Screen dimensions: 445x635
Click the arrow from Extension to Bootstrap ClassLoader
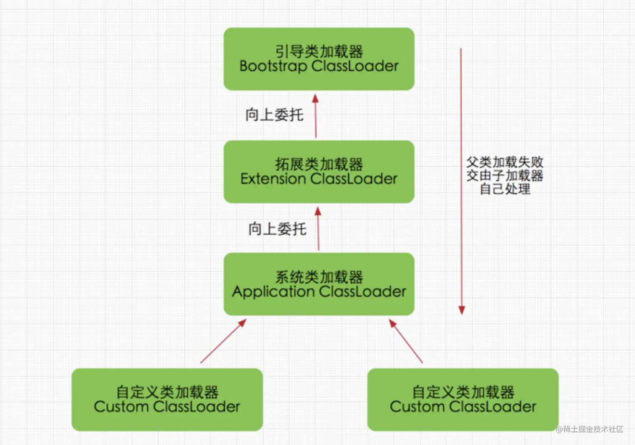315,116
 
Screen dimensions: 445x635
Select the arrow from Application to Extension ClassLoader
318,229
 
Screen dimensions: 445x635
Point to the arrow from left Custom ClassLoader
223,341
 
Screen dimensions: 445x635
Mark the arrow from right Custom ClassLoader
406,341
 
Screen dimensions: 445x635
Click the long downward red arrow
461,181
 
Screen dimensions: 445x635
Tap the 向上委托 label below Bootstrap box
275,114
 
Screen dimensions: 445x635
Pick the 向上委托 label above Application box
277,229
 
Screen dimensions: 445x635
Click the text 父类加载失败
505,162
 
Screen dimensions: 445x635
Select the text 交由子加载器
505,175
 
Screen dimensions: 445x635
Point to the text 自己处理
505,189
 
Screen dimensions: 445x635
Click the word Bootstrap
273,66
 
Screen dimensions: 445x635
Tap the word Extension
273,179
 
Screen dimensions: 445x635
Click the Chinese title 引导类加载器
319,51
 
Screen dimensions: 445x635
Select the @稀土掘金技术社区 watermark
590,429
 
